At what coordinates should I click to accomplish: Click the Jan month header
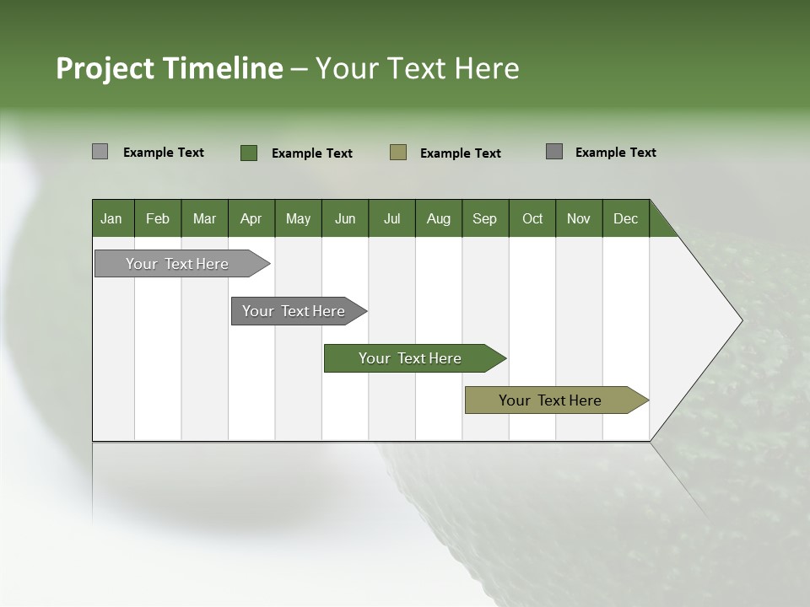111,218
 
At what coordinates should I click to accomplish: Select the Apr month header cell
251,218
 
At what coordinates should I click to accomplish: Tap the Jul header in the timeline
391,218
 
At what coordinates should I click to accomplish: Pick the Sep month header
484,218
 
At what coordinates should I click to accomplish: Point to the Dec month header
625,218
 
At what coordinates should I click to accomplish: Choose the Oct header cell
532,218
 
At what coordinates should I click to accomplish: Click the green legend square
249,153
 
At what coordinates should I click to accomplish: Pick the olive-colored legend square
398,153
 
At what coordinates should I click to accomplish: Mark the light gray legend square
100,152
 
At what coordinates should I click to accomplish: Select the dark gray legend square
554,152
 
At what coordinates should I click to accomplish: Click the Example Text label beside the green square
311,153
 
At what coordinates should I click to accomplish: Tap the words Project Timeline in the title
169,68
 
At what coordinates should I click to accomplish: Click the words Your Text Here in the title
417,68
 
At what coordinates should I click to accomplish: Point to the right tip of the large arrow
741,320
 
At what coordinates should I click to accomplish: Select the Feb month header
158,218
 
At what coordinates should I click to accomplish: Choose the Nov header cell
579,218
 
